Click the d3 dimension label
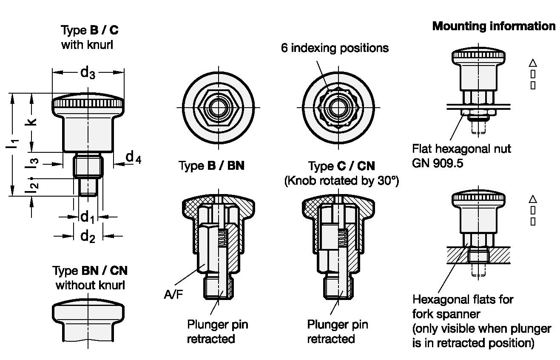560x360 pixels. click(x=88, y=72)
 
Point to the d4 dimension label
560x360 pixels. click(x=134, y=157)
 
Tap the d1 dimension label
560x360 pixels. click(x=88, y=217)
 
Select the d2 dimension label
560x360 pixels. click(x=88, y=237)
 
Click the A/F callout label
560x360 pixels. click(x=173, y=294)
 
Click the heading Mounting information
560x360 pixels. click(x=494, y=26)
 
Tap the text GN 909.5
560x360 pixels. click(x=438, y=163)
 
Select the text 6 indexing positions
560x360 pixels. click(x=335, y=48)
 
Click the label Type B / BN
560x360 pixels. click(x=211, y=166)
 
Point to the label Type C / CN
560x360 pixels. click(x=341, y=166)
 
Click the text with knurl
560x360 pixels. click(x=87, y=45)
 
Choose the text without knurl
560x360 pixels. click(x=90, y=285)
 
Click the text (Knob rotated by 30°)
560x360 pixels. click(x=341, y=180)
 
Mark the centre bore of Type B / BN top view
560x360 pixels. click(x=219, y=108)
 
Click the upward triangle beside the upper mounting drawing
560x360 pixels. click(x=533, y=63)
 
